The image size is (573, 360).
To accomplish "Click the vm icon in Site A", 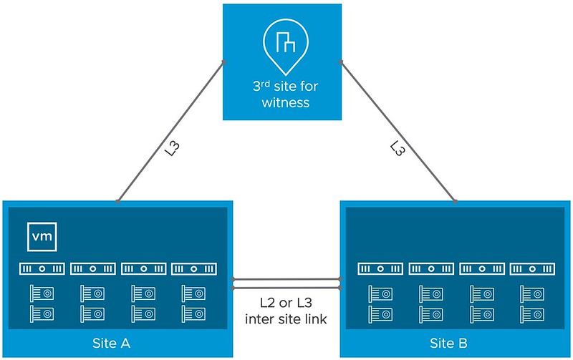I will coord(42,236).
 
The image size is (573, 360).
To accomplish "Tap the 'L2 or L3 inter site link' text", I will coord(286,311).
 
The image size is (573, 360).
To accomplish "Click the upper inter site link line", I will coord(286,279).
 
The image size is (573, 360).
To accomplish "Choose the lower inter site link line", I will coord(286,288).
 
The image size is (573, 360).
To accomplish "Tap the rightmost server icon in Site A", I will coord(195,269).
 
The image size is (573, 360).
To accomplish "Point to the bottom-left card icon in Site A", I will coord(40,313).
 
